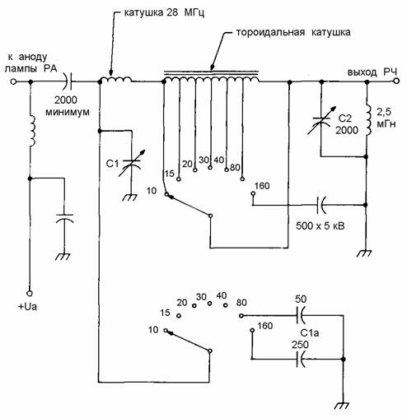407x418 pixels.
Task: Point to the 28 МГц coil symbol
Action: (115, 80)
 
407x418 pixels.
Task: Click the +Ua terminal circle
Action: (30, 293)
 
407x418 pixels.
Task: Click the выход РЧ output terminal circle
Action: (395, 81)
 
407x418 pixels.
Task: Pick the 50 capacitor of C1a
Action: (302, 315)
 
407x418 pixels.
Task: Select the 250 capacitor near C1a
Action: (302, 359)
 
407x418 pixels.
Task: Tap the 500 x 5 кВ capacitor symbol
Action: (321, 205)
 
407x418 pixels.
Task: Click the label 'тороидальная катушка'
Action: (293, 32)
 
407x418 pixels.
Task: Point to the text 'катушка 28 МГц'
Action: (164, 12)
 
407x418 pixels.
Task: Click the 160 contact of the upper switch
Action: (253, 193)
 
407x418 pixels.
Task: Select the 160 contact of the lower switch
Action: (252, 331)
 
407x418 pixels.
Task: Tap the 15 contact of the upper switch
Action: (179, 179)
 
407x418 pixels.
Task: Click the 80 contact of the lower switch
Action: (241, 315)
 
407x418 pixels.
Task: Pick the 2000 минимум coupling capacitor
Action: (68, 81)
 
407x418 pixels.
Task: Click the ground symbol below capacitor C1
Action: (129, 197)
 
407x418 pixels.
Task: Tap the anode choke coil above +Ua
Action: (32, 131)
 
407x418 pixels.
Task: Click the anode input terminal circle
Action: (13, 81)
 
